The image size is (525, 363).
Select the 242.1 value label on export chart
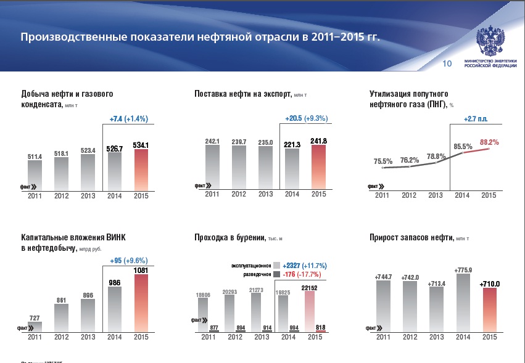point(213,141)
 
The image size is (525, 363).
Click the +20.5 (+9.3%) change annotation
point(306,118)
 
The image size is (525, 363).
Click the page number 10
point(448,63)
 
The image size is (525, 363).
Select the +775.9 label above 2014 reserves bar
point(463,269)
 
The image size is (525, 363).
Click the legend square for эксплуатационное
point(276,265)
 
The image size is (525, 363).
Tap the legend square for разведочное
point(276,274)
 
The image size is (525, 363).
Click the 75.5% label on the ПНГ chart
point(383,161)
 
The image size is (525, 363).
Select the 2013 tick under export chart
point(265,195)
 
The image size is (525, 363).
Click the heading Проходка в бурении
point(229,237)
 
